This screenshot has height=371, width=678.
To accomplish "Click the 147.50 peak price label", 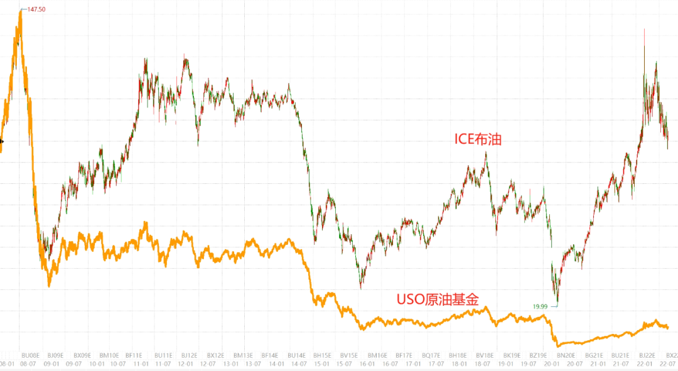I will [36, 9].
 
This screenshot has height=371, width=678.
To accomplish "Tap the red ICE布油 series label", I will [478, 139].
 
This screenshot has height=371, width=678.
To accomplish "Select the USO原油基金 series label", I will [437, 299].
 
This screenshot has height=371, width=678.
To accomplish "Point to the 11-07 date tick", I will [163, 363].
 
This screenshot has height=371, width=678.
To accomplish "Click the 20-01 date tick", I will [552, 363].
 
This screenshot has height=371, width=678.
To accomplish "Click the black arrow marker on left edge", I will [2, 141].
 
